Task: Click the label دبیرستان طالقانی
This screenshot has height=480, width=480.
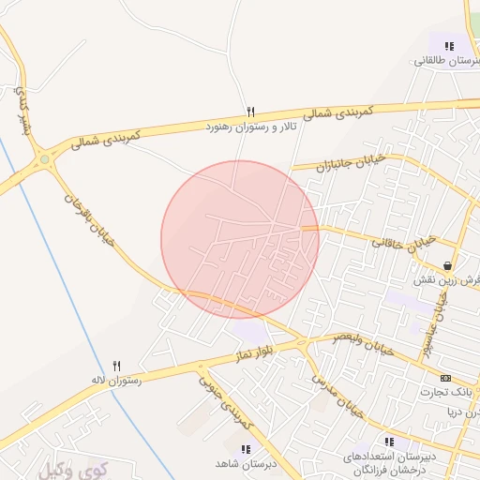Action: pos(448,60)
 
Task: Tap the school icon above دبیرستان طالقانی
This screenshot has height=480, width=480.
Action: pos(449,45)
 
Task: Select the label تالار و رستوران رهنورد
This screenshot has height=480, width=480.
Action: pos(250,125)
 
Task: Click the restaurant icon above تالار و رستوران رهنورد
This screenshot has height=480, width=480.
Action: pos(250,111)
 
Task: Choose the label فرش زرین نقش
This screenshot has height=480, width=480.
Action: pos(448,280)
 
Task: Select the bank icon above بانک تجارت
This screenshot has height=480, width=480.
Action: pos(445,377)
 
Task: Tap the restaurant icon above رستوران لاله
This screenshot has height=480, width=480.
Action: pos(117,366)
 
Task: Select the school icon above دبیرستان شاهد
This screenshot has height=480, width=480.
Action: pos(246,449)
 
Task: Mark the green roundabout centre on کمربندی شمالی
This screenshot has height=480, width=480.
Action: pos(44,159)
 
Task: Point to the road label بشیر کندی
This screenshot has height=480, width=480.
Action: pos(21,108)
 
